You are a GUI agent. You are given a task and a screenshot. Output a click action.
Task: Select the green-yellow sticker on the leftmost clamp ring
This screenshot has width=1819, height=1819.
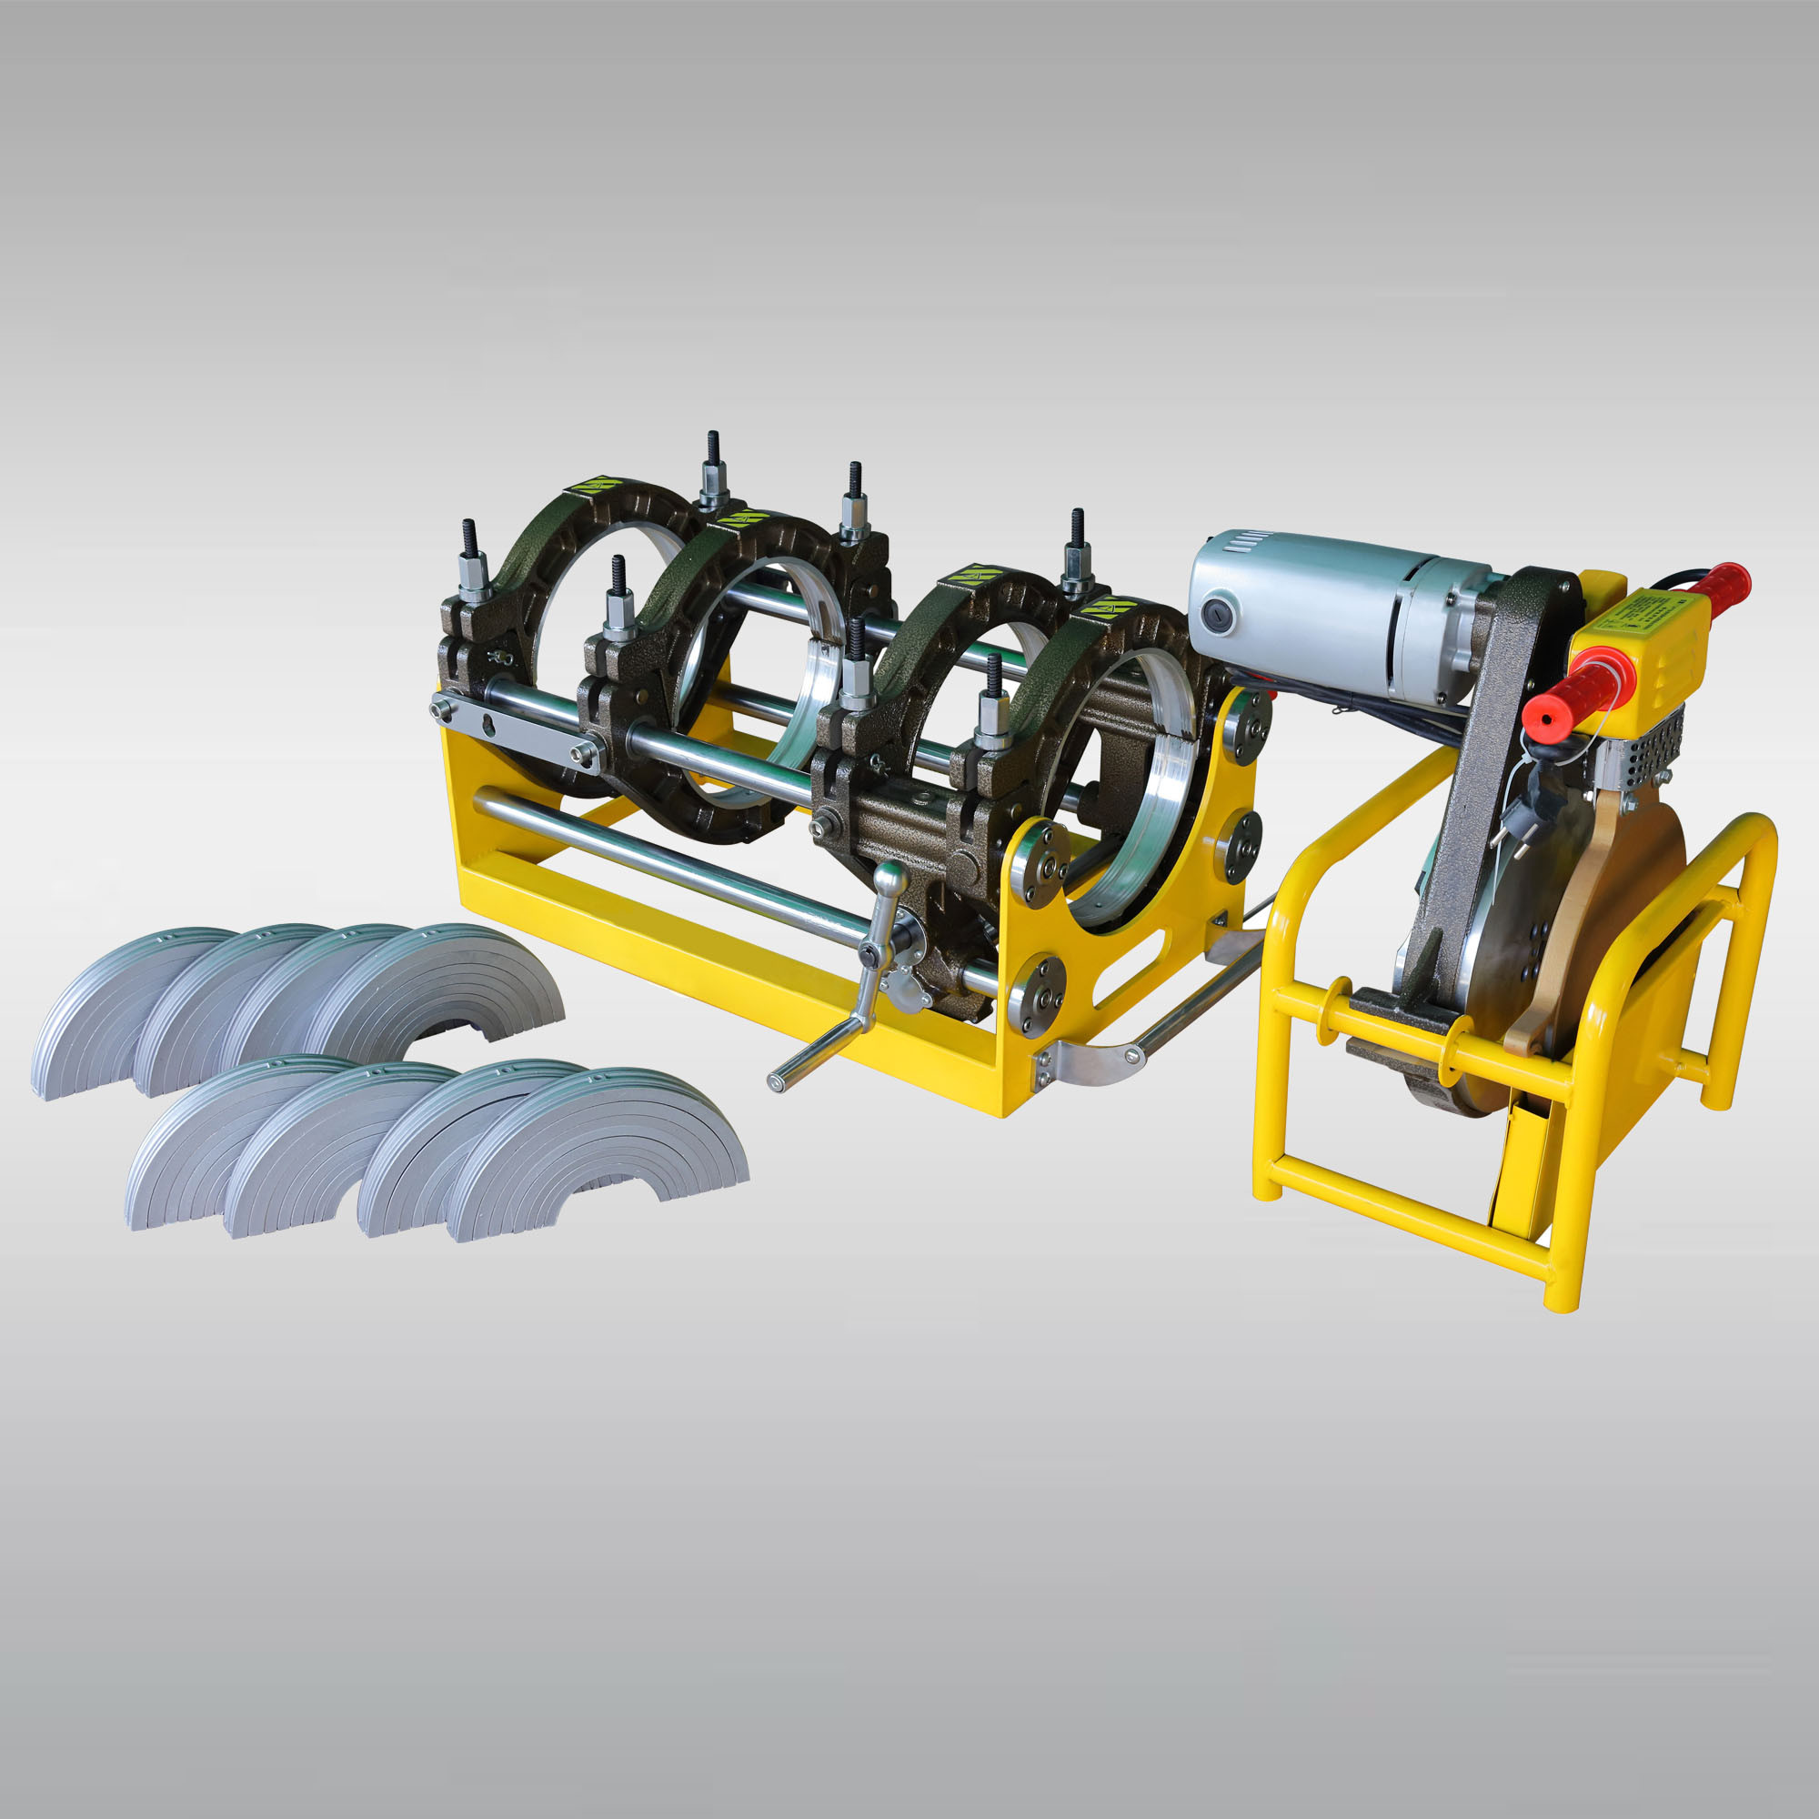[x=591, y=486]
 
